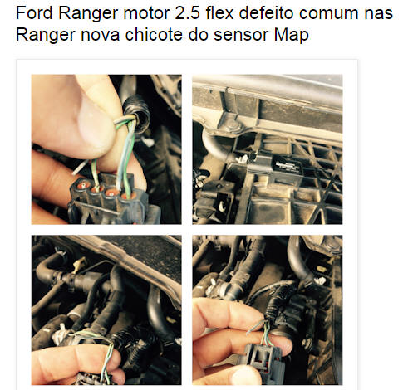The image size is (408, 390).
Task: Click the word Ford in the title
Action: (34, 12)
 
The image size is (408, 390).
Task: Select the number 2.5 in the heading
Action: (187, 12)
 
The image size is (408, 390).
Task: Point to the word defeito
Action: (266, 12)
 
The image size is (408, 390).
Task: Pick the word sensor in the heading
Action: (241, 36)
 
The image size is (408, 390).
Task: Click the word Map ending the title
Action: (292, 36)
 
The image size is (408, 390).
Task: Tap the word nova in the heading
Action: (101, 36)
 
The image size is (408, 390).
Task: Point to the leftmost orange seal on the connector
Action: (84, 184)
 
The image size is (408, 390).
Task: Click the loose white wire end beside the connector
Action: (81, 168)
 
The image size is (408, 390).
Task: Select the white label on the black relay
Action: (287, 165)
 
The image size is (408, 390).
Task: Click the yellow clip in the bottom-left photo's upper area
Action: (80, 265)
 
